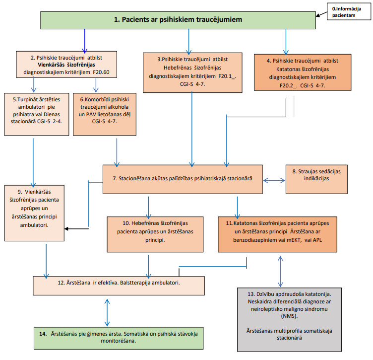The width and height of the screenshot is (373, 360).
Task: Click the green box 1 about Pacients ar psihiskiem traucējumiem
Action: (178, 20)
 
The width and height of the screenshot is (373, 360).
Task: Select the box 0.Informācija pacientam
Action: (349, 11)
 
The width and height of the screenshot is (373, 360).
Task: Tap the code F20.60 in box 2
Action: (101, 72)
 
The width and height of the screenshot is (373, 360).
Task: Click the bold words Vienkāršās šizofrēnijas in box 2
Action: (66, 65)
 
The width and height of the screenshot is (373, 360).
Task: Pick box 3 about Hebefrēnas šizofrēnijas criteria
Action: (192, 72)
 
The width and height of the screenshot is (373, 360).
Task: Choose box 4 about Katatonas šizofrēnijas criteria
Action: (303, 72)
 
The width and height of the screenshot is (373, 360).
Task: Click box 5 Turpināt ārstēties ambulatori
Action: (37, 114)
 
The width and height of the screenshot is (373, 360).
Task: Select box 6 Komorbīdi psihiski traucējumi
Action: (105, 114)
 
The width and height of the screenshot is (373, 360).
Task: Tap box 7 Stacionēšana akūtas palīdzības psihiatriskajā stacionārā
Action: (183, 179)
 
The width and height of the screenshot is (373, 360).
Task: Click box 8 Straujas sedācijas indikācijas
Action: (316, 179)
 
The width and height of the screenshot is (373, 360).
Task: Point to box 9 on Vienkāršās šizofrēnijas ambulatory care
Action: (34, 213)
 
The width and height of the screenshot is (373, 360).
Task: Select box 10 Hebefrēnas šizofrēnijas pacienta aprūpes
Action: (155, 234)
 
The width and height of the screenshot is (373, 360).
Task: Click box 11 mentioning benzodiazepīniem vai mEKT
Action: (277, 234)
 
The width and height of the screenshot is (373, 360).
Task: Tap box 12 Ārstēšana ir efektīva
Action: (119, 286)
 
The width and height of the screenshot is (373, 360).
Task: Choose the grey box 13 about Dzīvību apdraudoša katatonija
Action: (289, 319)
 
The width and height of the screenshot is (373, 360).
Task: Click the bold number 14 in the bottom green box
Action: (43, 334)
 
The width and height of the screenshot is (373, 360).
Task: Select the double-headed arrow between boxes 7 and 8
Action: (274, 181)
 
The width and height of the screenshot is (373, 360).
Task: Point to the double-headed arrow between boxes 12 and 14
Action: (107, 312)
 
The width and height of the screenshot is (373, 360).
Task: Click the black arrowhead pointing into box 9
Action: (66, 229)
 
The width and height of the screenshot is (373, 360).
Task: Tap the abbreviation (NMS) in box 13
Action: (289, 316)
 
